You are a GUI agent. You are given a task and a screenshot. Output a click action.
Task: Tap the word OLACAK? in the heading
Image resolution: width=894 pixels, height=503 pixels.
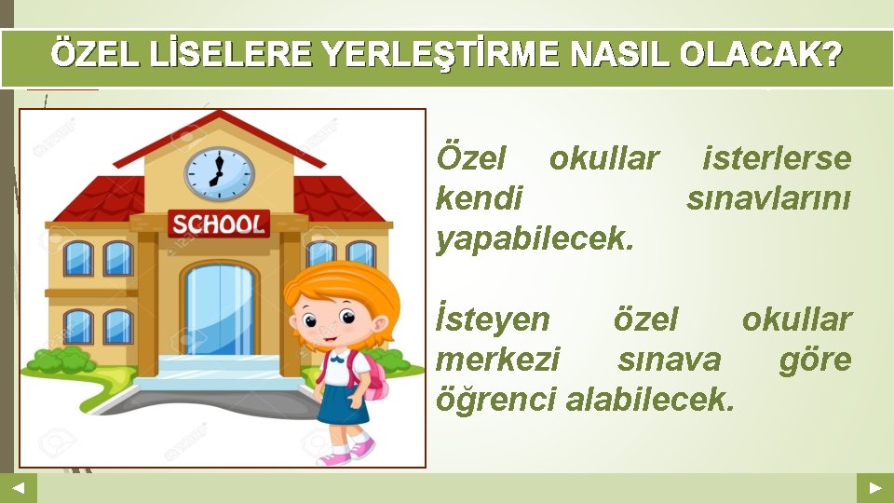pyautogui.click(x=760, y=57)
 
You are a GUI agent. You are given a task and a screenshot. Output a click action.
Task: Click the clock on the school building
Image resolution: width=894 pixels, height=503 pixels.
pyautogui.click(x=219, y=174)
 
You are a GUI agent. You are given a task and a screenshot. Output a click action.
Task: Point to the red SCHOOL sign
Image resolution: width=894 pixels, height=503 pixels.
pyautogui.click(x=218, y=224)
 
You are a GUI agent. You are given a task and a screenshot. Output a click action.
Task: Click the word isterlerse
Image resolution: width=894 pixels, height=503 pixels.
pyautogui.click(x=777, y=158)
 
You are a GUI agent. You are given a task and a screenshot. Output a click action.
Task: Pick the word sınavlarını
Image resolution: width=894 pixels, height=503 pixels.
pyautogui.click(x=768, y=197)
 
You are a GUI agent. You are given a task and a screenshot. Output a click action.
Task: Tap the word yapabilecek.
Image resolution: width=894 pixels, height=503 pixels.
pyautogui.click(x=535, y=238)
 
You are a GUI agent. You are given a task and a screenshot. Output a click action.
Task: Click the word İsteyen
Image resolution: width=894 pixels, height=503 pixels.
pyautogui.click(x=494, y=319)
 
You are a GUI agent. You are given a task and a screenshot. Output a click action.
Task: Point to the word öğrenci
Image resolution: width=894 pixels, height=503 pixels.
pyautogui.click(x=496, y=400)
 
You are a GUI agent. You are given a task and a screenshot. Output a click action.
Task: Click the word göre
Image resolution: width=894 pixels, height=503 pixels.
pyautogui.click(x=816, y=360)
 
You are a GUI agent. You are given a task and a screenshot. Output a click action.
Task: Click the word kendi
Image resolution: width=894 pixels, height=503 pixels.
pyautogui.click(x=480, y=197)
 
